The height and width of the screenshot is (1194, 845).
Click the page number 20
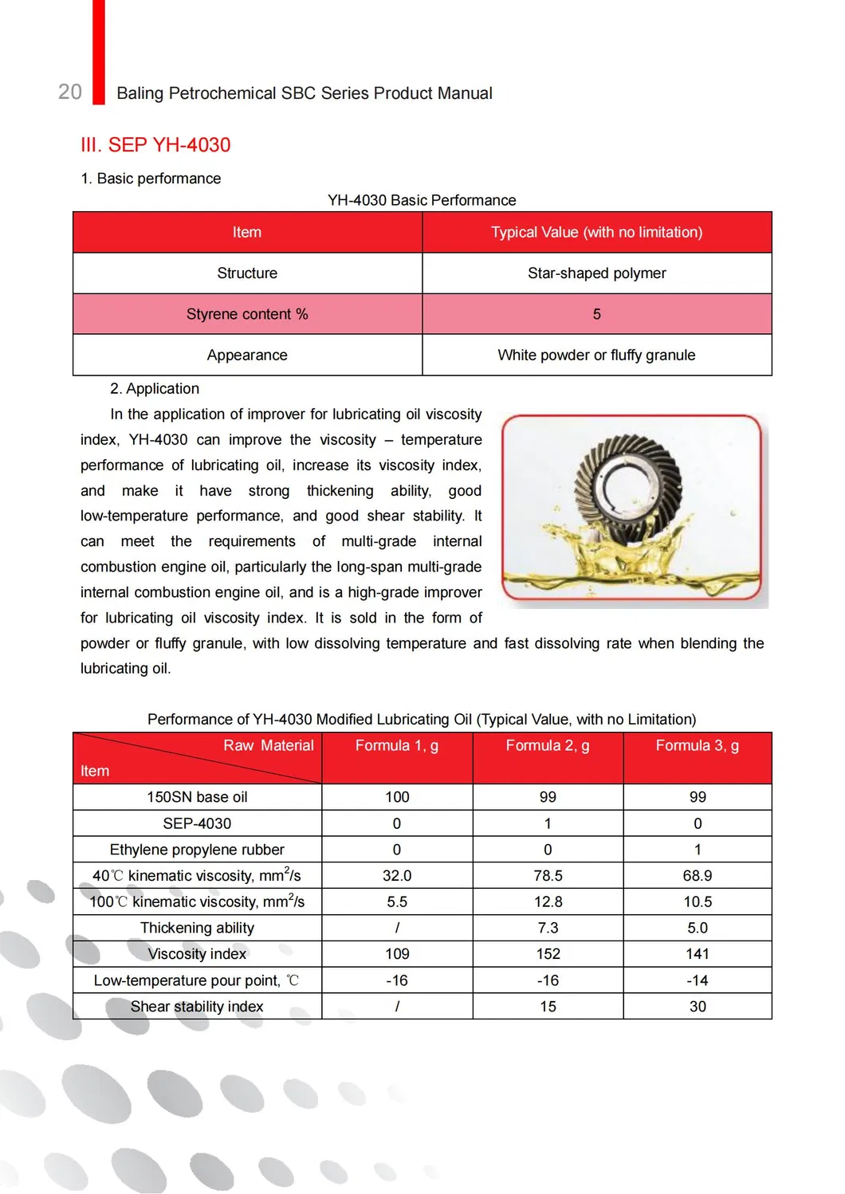(x=70, y=92)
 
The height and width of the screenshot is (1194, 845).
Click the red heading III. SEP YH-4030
(x=155, y=145)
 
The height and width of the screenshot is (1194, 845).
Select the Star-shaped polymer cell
(x=596, y=273)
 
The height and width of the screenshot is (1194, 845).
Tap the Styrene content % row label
(x=247, y=314)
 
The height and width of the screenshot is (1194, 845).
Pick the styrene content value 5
(x=596, y=314)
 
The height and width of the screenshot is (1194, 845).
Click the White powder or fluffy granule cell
(x=596, y=355)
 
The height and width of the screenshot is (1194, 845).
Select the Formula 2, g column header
(x=548, y=745)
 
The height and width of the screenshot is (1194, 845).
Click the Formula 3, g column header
(x=697, y=745)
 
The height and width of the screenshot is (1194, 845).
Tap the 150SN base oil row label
(x=197, y=797)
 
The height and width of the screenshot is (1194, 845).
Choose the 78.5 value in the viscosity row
(x=548, y=875)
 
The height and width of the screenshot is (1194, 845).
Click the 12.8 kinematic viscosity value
(x=548, y=901)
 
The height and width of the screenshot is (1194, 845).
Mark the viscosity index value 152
(x=548, y=954)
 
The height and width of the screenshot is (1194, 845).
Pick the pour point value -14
(x=697, y=980)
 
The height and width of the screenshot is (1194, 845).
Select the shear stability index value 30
(x=697, y=1007)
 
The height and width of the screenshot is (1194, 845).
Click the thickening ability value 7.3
(x=548, y=928)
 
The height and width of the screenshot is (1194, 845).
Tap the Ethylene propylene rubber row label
(x=197, y=850)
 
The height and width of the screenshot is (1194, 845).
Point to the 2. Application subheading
(x=155, y=388)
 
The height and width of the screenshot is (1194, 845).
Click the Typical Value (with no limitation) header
(x=596, y=232)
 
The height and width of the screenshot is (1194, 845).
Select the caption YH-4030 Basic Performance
(x=422, y=200)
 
